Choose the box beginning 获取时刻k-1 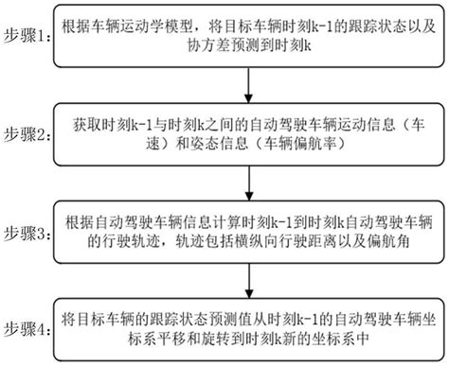coord(248,135)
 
